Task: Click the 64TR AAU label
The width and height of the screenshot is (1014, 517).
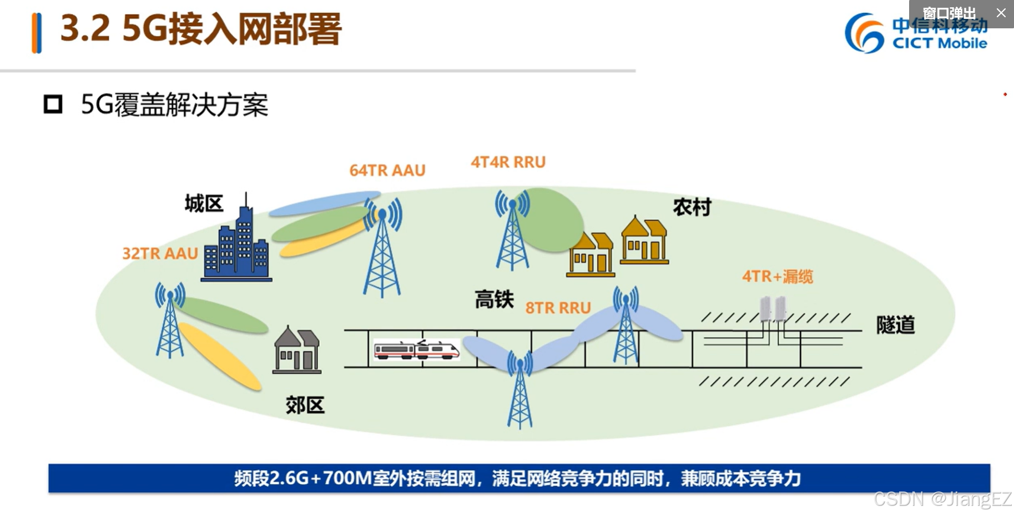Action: pyautogui.click(x=387, y=170)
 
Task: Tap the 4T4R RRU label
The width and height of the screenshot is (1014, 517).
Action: pyautogui.click(x=508, y=162)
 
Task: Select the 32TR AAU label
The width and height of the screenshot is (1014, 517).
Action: pyautogui.click(x=160, y=253)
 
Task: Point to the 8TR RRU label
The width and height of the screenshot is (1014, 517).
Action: pyautogui.click(x=558, y=308)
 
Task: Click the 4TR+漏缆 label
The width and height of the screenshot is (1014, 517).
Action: pyautogui.click(x=777, y=276)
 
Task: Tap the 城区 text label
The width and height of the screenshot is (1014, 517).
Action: pyautogui.click(x=204, y=204)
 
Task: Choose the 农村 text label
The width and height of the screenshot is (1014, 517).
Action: pyautogui.click(x=692, y=207)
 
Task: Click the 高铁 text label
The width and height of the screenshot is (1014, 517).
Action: pyautogui.click(x=494, y=300)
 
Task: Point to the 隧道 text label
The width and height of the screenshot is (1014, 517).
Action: pyautogui.click(x=895, y=325)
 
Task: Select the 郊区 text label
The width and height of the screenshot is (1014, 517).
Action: pyautogui.click(x=305, y=405)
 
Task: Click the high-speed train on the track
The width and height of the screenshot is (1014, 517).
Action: pyautogui.click(x=416, y=350)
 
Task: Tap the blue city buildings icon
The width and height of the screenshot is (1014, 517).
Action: pyautogui.click(x=237, y=244)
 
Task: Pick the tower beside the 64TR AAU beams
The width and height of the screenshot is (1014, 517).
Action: pyautogui.click(x=382, y=250)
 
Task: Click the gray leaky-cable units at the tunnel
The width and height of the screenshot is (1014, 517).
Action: pyautogui.click(x=773, y=309)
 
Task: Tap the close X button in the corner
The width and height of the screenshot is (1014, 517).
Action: pyautogui.click(x=1001, y=13)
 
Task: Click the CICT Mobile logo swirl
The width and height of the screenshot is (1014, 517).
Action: pyautogui.click(x=864, y=33)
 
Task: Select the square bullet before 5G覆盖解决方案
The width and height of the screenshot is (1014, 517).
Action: pyautogui.click(x=53, y=104)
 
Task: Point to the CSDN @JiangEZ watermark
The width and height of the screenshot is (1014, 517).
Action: pyautogui.click(x=942, y=499)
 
